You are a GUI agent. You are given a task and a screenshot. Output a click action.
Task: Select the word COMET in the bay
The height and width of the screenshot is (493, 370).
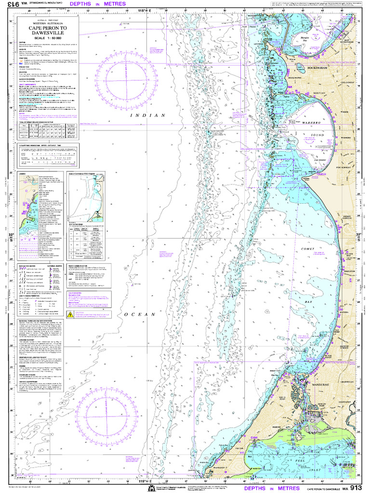[307, 249]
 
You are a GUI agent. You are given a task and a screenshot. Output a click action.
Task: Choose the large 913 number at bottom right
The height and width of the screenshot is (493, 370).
[359, 487]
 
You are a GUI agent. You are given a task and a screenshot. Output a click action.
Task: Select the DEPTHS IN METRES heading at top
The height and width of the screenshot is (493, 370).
[98, 4]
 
